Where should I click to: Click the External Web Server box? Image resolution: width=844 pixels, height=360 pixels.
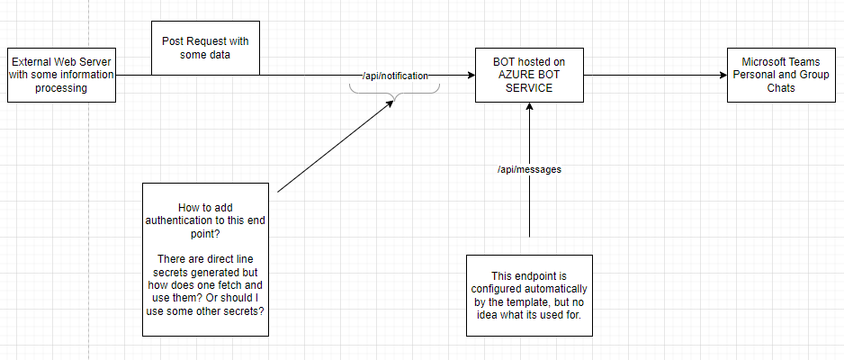coord(61,76)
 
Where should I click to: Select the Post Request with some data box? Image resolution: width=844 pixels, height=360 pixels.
coord(205,48)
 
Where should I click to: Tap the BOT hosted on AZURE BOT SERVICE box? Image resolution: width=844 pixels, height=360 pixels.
coord(529,76)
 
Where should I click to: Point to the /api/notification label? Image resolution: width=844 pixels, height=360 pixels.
coord(395,76)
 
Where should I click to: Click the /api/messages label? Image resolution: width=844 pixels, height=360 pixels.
coord(529,169)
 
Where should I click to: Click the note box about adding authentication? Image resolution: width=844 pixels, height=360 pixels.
coord(205,259)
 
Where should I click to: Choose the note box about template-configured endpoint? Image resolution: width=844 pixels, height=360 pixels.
coord(529,294)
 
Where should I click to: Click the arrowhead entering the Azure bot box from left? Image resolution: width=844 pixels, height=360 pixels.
coord(471,76)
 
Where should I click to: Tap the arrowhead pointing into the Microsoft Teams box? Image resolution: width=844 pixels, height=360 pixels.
coord(723,76)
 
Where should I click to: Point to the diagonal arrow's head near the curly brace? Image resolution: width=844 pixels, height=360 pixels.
coord(391,103)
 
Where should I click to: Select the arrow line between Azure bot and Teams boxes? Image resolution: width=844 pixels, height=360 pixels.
coord(648,76)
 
